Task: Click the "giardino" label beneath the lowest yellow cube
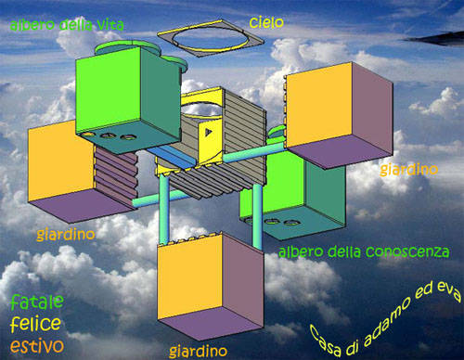pos(199,351)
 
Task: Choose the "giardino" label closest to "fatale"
pos(66,236)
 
